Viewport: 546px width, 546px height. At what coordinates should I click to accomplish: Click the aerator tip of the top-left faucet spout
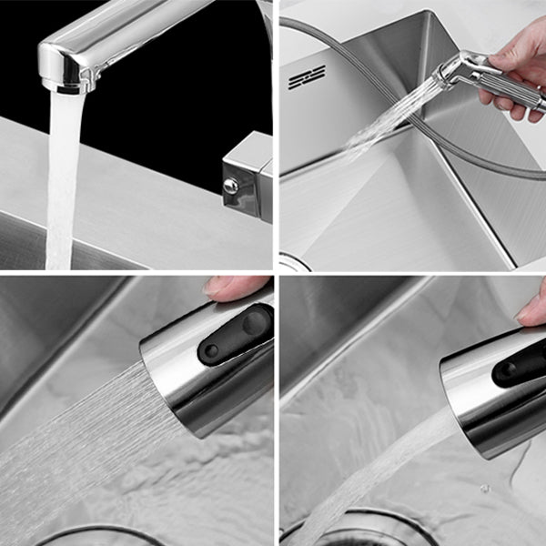pos(66,85)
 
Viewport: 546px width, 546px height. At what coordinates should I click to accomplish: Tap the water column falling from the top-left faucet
pos(62,182)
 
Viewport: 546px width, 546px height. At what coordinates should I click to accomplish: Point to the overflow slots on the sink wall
pos(307,78)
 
